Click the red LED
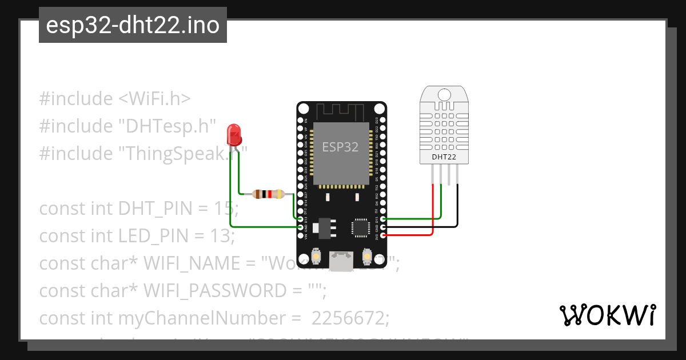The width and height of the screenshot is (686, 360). [234, 134]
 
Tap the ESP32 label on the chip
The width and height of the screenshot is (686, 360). [340, 147]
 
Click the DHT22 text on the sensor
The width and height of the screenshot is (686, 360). [444, 156]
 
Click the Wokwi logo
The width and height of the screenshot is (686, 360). [607, 315]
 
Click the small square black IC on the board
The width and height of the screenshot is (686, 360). [361, 227]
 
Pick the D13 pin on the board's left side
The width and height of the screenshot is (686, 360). [301, 219]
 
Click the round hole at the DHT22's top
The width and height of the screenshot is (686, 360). [444, 94]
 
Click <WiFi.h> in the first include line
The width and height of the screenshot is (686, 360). [154, 99]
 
